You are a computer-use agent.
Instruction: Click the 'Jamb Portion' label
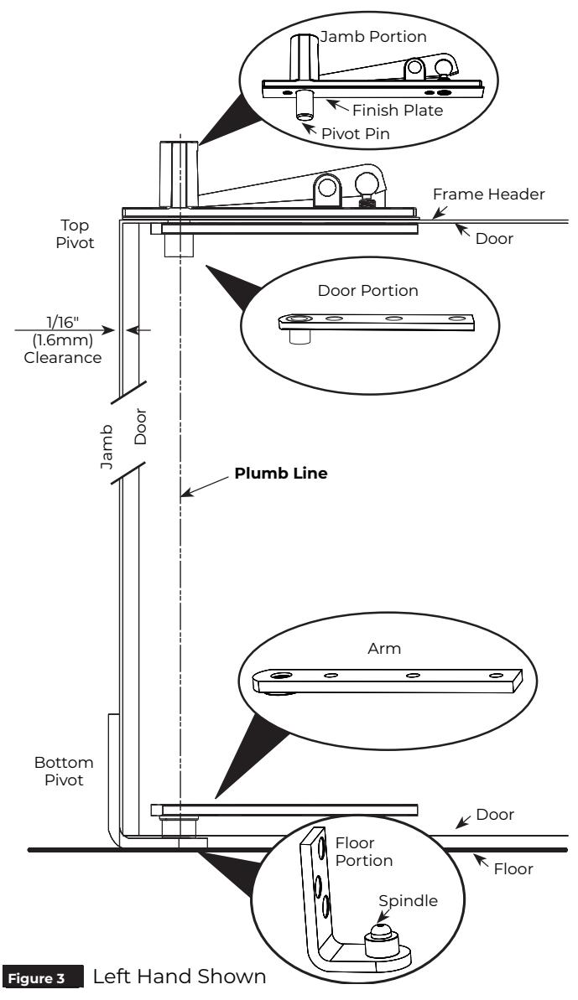click(x=373, y=36)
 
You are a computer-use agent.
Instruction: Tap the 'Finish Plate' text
click(x=398, y=111)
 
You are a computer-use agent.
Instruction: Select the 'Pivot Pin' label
click(x=356, y=134)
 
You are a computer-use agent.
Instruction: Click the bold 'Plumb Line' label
click(x=281, y=474)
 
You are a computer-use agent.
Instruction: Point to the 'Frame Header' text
click(x=489, y=194)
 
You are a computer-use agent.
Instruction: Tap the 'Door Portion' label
click(x=368, y=291)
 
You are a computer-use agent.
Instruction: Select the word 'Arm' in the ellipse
click(x=384, y=649)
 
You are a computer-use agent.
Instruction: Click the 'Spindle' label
click(x=409, y=901)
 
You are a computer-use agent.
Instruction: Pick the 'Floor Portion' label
click(x=363, y=852)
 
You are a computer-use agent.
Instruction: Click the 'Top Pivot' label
click(x=76, y=234)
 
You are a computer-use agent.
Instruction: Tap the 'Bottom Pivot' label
click(x=64, y=771)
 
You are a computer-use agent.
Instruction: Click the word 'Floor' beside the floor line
click(x=513, y=868)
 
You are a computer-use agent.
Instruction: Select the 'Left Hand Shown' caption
click(x=180, y=977)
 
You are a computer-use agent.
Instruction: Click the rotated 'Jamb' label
click(x=107, y=447)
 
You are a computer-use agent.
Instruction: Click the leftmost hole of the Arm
click(x=279, y=675)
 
